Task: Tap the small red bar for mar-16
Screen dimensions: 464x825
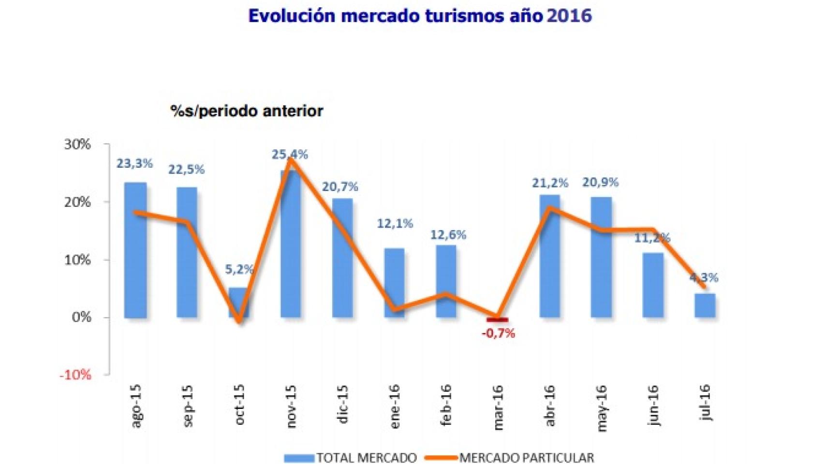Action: point(498,319)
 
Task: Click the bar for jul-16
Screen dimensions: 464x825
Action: point(705,305)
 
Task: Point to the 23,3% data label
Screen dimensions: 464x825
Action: point(134,164)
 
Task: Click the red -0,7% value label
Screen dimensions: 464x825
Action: point(498,333)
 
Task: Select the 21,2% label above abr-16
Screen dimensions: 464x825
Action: point(550,183)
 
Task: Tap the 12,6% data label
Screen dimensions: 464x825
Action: point(448,235)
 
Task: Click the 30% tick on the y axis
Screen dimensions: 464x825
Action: point(77,145)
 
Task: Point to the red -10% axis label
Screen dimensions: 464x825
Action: point(75,375)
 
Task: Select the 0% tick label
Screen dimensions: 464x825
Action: point(81,318)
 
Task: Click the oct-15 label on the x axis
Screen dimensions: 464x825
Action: point(239,405)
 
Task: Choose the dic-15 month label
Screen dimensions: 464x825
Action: point(342,405)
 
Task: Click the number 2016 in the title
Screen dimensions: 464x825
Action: point(570,16)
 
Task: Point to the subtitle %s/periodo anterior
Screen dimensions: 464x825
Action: point(247,111)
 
